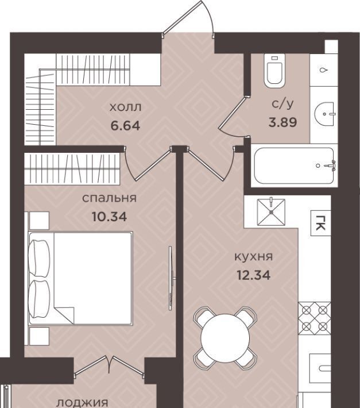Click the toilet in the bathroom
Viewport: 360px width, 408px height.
point(274,71)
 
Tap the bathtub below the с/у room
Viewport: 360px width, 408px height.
point(294,165)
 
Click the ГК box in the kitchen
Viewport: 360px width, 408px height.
point(321,223)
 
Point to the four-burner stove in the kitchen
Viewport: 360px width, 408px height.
point(315,318)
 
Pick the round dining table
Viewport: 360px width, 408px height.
point(225,338)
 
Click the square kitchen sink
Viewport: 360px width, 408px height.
point(271,212)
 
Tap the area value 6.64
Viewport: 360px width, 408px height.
point(125,126)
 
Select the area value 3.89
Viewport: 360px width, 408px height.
point(282,122)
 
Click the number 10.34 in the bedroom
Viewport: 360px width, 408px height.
point(110,217)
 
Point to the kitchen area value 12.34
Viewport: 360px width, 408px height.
point(253,275)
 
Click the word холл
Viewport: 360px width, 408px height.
point(125,107)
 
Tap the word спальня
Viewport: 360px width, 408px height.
point(109,198)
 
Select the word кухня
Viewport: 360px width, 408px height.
point(254,257)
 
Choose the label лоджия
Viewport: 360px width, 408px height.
point(82,403)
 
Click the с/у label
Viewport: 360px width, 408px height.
point(282,104)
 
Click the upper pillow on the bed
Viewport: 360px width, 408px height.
point(38,257)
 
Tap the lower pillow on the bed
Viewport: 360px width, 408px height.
point(38,299)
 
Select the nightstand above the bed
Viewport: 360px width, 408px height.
point(39,221)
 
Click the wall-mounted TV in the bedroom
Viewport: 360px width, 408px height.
point(171,278)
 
